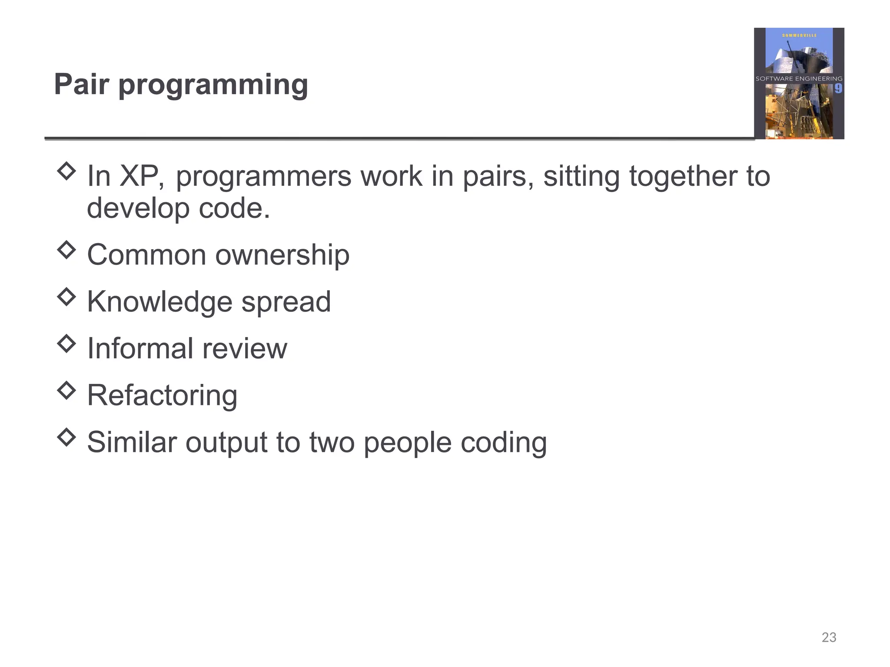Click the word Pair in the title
[x=81, y=84]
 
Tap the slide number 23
[x=829, y=637]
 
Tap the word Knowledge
[x=160, y=302]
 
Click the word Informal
[x=140, y=348]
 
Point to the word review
[x=245, y=348]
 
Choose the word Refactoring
[x=162, y=396]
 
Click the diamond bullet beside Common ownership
[x=66, y=250]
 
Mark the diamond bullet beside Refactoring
[x=66, y=390]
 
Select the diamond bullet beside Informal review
[x=66, y=343]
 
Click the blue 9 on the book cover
[x=838, y=89]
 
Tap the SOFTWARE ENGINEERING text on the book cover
[x=799, y=79]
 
